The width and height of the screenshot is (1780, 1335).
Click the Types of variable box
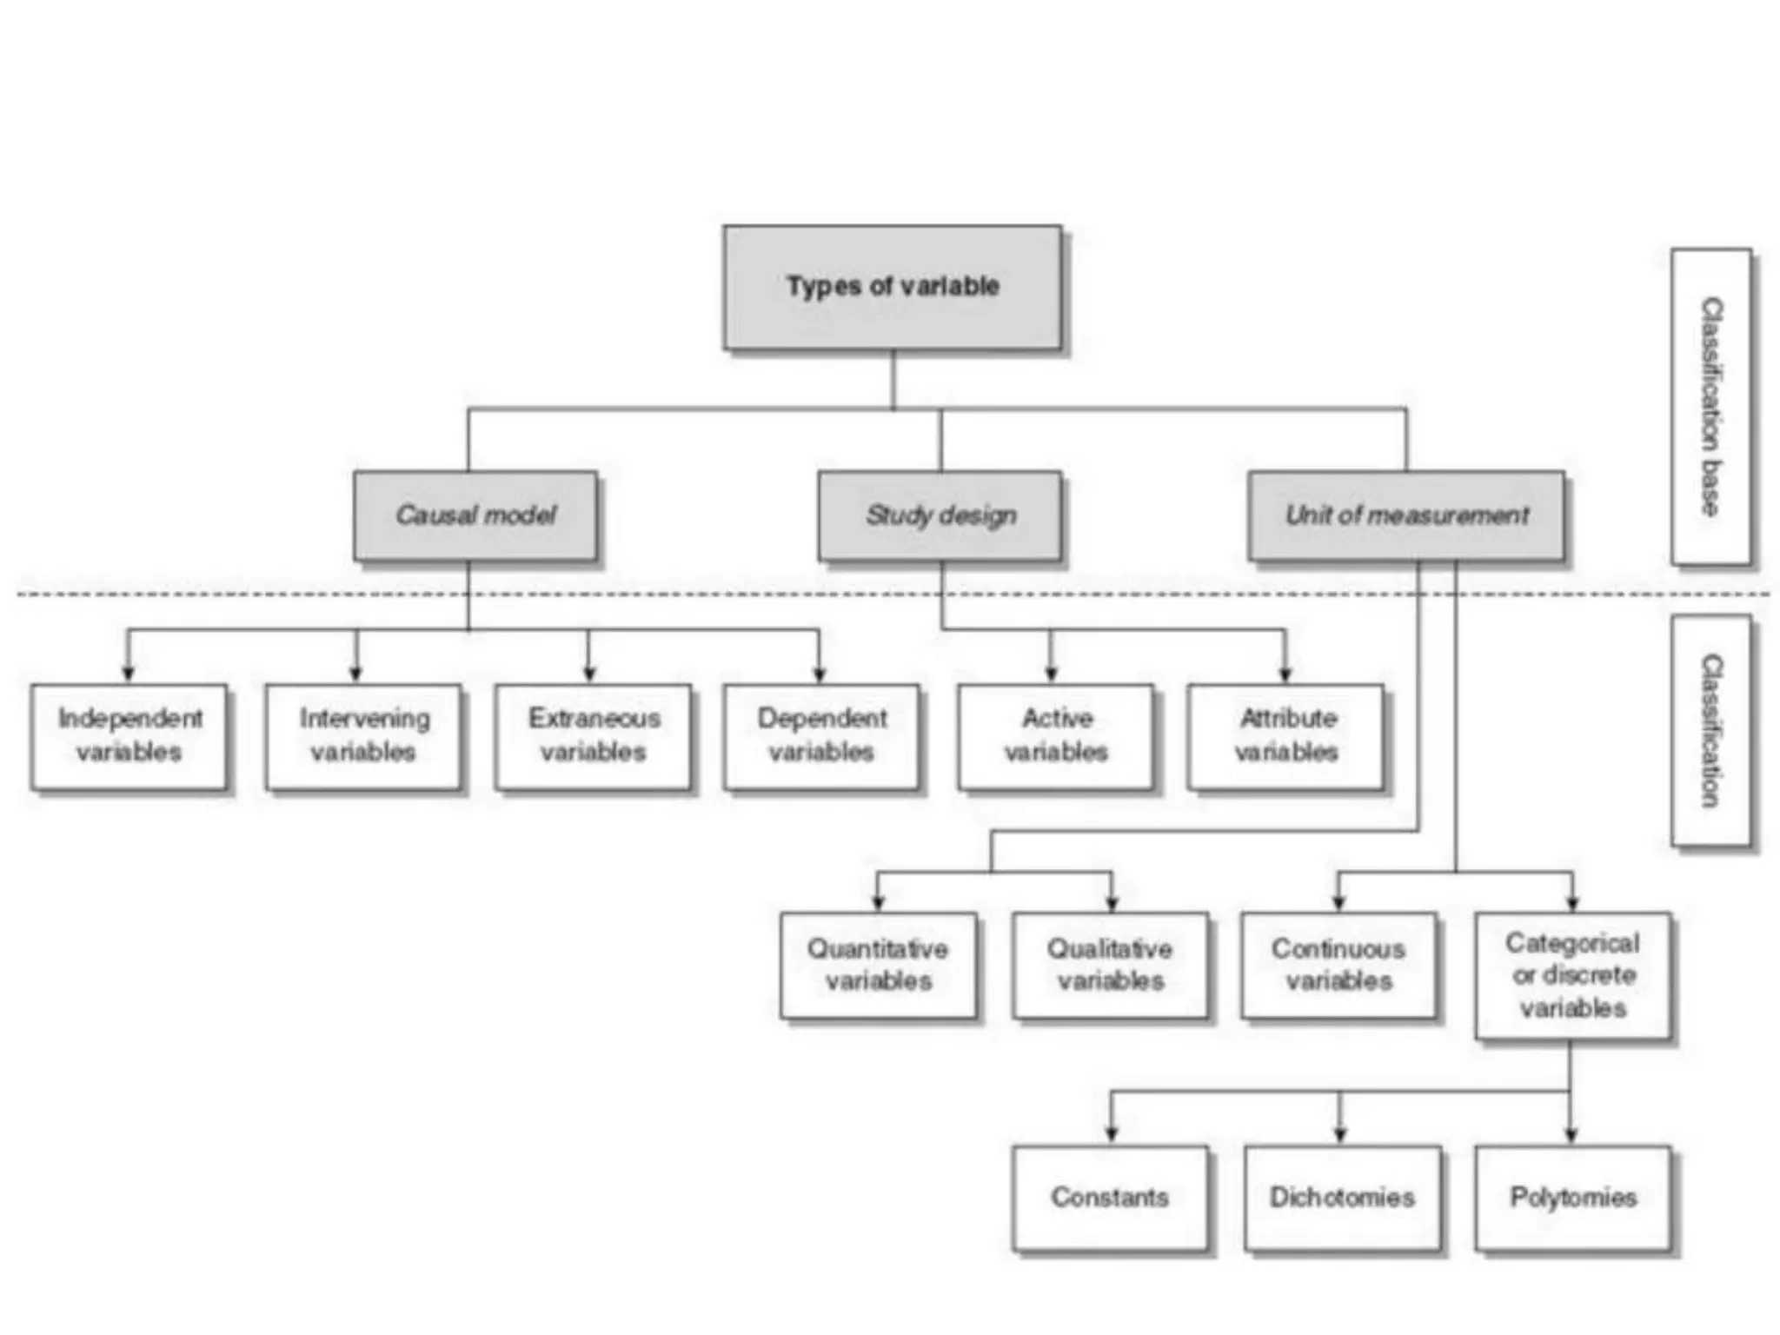click(892, 288)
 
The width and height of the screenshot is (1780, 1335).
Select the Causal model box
click(475, 515)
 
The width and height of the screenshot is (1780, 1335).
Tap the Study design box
click(940, 515)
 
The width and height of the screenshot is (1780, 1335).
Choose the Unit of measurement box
click(1405, 515)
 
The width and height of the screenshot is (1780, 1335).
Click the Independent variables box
click(129, 736)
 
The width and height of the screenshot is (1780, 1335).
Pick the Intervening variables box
click(363, 736)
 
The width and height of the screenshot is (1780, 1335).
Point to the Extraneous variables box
click(594, 736)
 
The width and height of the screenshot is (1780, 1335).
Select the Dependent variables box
click(821, 736)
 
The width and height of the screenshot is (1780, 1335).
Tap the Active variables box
click(1056, 736)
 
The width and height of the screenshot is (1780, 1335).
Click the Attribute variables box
click(1285, 736)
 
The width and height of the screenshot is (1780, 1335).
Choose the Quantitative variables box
click(878, 965)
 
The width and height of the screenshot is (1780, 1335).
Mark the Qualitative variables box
click(1110, 965)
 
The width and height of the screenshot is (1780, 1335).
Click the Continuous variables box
click(1338, 965)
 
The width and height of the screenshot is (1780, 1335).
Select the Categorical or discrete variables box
click(1572, 975)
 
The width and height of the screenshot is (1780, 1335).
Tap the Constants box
click(1110, 1198)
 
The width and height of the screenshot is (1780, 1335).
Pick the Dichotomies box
click(1342, 1198)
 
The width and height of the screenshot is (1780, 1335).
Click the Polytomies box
click(1572, 1198)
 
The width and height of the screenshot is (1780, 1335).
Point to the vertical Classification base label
click(1710, 407)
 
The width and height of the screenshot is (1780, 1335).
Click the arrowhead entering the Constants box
click(1111, 1133)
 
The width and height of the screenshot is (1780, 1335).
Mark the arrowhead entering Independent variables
click(129, 673)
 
